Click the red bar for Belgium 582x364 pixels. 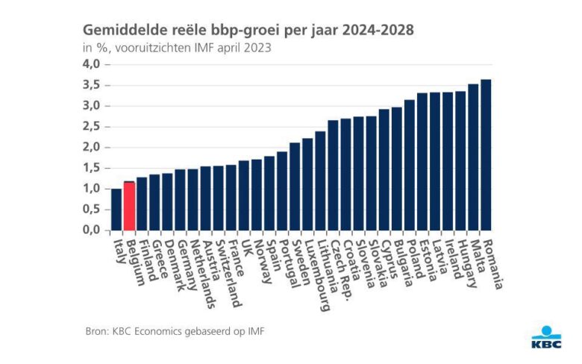129,207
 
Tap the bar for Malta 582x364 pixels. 473,157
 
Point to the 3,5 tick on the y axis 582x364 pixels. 91,85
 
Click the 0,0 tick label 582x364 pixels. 91,230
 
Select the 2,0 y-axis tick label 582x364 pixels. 91,147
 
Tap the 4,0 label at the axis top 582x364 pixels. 91,64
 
